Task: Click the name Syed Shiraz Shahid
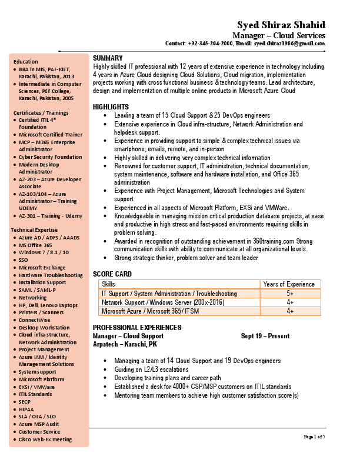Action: pos(281,25)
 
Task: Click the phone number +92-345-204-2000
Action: pos(211,44)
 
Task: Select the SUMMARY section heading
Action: pos(108,58)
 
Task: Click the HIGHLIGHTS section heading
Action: pos(111,106)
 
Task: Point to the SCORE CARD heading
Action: pos(112,274)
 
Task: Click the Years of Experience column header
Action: pos(289,284)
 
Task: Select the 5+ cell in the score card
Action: pos(289,293)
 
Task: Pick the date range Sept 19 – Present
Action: pos(265,336)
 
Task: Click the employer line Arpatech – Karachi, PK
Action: pos(125,344)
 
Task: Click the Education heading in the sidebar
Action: pos(26,61)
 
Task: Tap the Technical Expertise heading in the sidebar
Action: pos(34,230)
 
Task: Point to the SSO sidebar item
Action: pos(24,259)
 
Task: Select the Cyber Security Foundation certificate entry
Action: pos(50,157)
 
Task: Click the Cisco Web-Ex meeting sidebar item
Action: pos(45,439)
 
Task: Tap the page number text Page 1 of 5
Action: pos(314,436)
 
